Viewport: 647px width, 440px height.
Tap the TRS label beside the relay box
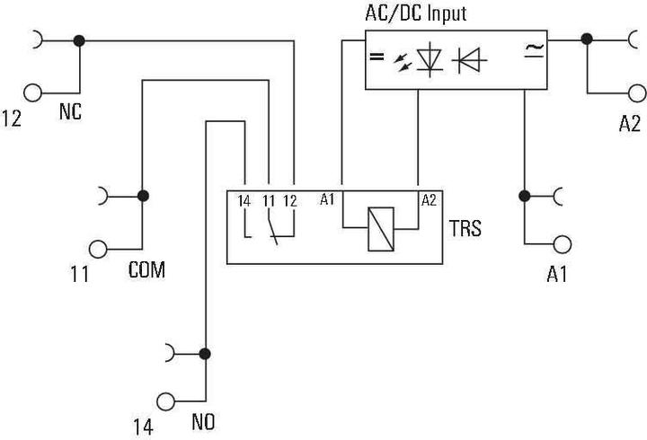465,229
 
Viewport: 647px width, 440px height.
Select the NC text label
72,114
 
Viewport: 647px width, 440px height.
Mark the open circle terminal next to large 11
98,247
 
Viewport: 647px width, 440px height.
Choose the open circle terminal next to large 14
165,401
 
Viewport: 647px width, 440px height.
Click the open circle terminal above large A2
637,92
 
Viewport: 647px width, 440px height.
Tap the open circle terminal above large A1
563,242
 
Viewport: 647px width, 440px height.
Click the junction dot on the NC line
80,40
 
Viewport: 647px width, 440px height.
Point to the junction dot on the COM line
142,195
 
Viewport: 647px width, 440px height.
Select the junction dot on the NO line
206,353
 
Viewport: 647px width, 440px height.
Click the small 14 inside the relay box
244,200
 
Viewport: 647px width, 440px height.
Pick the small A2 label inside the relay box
429,199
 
